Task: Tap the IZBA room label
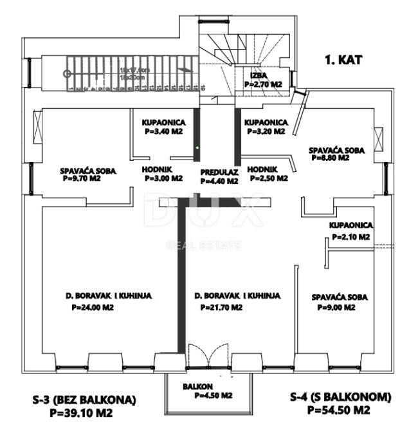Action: coord(259,75)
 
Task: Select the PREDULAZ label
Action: coord(219,172)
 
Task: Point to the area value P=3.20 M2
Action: coord(265,131)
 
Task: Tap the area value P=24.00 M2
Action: coord(93,308)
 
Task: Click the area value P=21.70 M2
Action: coord(219,308)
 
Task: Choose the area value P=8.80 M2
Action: coord(331,157)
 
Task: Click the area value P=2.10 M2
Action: coord(350,237)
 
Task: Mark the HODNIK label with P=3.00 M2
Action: coord(158,171)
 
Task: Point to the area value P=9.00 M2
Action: coord(337,308)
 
